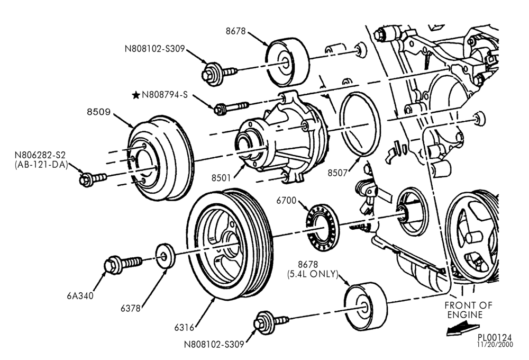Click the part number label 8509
pyautogui.click(x=98, y=112)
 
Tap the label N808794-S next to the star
pyautogui.click(x=165, y=95)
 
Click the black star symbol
pyautogui.click(x=136, y=95)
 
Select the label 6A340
pyautogui.click(x=80, y=296)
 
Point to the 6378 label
pyautogui.click(x=131, y=308)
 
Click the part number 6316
pyautogui.click(x=184, y=327)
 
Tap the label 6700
pyautogui.click(x=286, y=201)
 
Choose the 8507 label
pyautogui.click(x=338, y=173)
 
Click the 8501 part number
pyautogui.click(x=221, y=178)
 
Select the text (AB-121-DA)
pyautogui.click(x=41, y=165)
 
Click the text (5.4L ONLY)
pyautogui.click(x=313, y=274)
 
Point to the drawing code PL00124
pyautogui.click(x=495, y=337)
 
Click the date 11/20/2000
pyautogui.click(x=495, y=345)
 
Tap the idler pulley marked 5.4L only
pyautogui.click(x=366, y=306)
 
